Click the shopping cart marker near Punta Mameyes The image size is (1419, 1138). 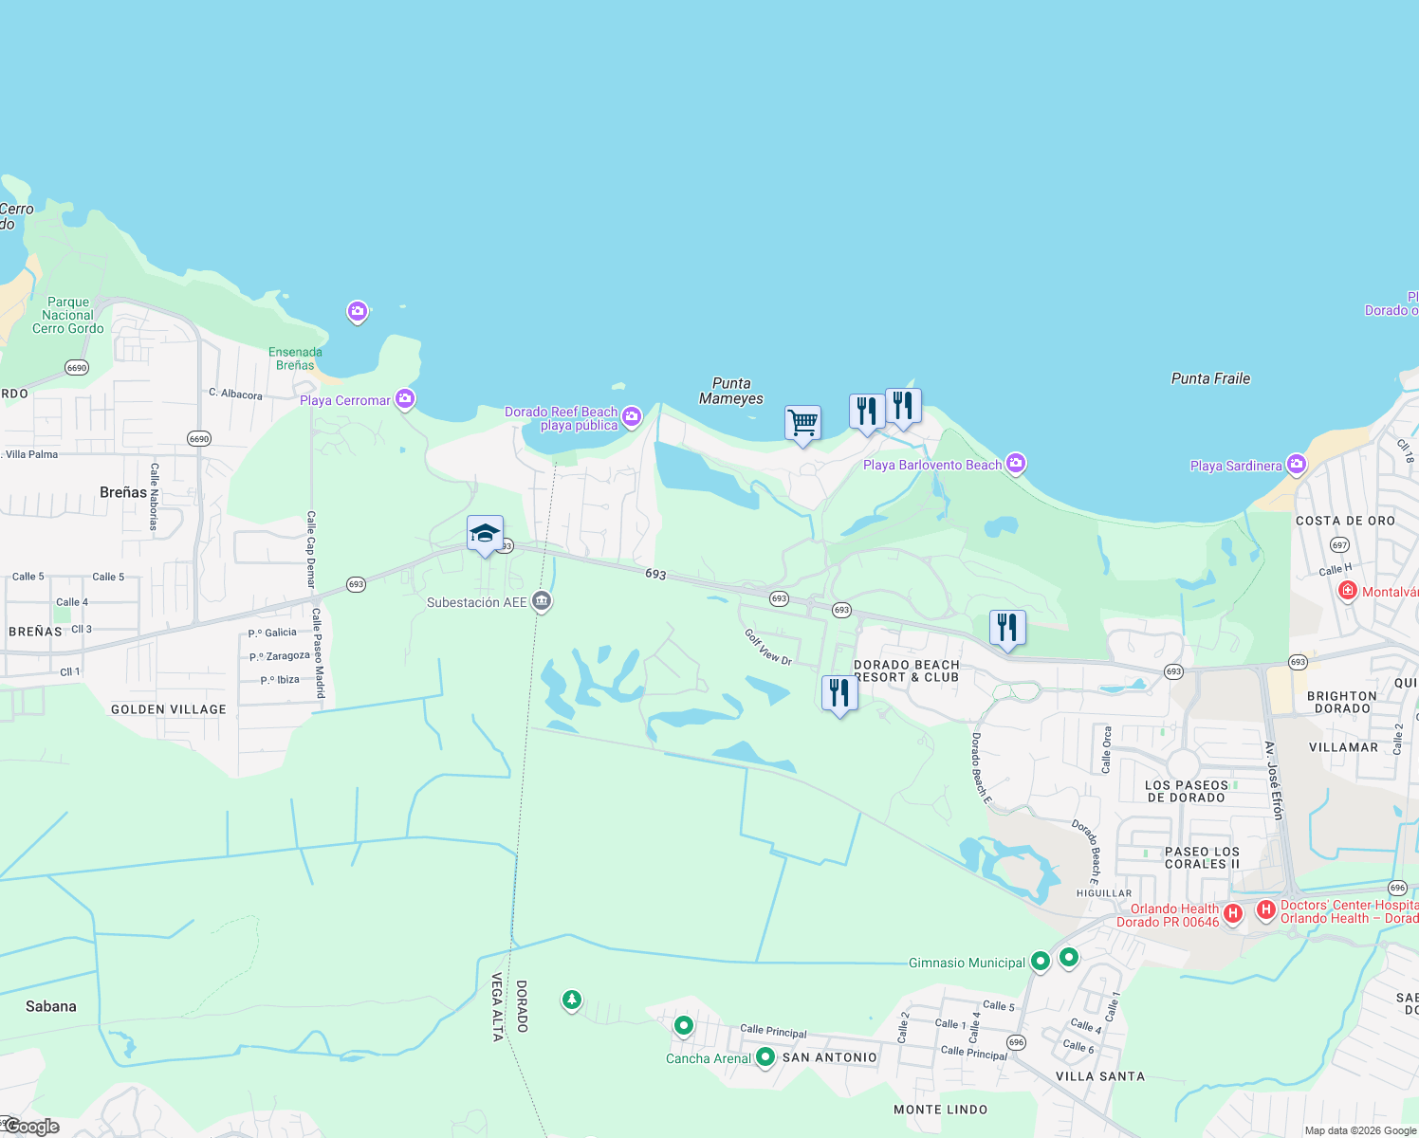(x=802, y=421)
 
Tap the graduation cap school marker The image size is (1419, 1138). (x=485, y=534)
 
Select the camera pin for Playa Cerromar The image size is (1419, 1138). (x=405, y=399)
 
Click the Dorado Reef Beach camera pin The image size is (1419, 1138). (x=632, y=416)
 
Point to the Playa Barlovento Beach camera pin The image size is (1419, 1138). (x=1016, y=464)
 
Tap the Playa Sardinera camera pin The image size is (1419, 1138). (x=1297, y=465)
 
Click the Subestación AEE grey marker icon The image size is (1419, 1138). (x=542, y=601)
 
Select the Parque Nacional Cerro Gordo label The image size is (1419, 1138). (x=68, y=315)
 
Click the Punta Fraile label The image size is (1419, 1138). (x=1210, y=378)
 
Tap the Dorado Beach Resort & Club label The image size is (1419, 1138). (x=907, y=671)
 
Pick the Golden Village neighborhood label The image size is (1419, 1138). (x=169, y=709)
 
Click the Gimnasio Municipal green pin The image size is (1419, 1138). (x=1041, y=962)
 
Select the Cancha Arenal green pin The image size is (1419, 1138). (x=765, y=1057)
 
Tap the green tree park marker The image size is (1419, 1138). (x=571, y=1000)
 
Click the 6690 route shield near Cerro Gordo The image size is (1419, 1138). (x=77, y=368)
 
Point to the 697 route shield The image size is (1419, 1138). (x=1339, y=545)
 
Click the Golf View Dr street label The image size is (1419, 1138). (x=767, y=647)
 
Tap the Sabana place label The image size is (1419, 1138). (x=51, y=1006)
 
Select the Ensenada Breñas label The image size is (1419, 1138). (x=295, y=358)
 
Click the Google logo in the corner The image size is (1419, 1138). (x=32, y=1127)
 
